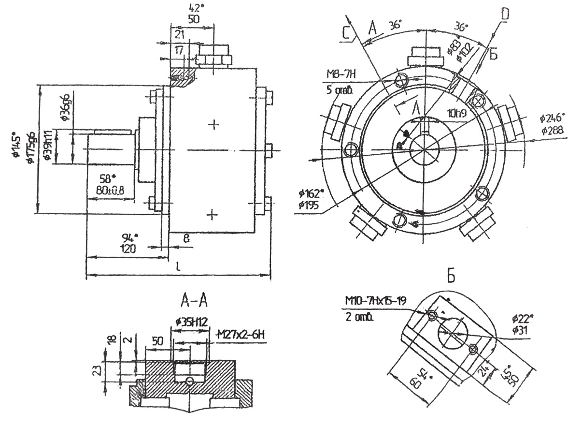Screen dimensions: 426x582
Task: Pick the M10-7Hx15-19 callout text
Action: point(375,301)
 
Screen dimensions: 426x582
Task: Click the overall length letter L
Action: point(178,266)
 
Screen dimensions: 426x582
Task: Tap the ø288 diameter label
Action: point(552,130)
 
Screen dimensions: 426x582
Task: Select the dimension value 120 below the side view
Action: point(128,249)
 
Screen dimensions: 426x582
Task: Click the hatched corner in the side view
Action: point(182,76)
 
